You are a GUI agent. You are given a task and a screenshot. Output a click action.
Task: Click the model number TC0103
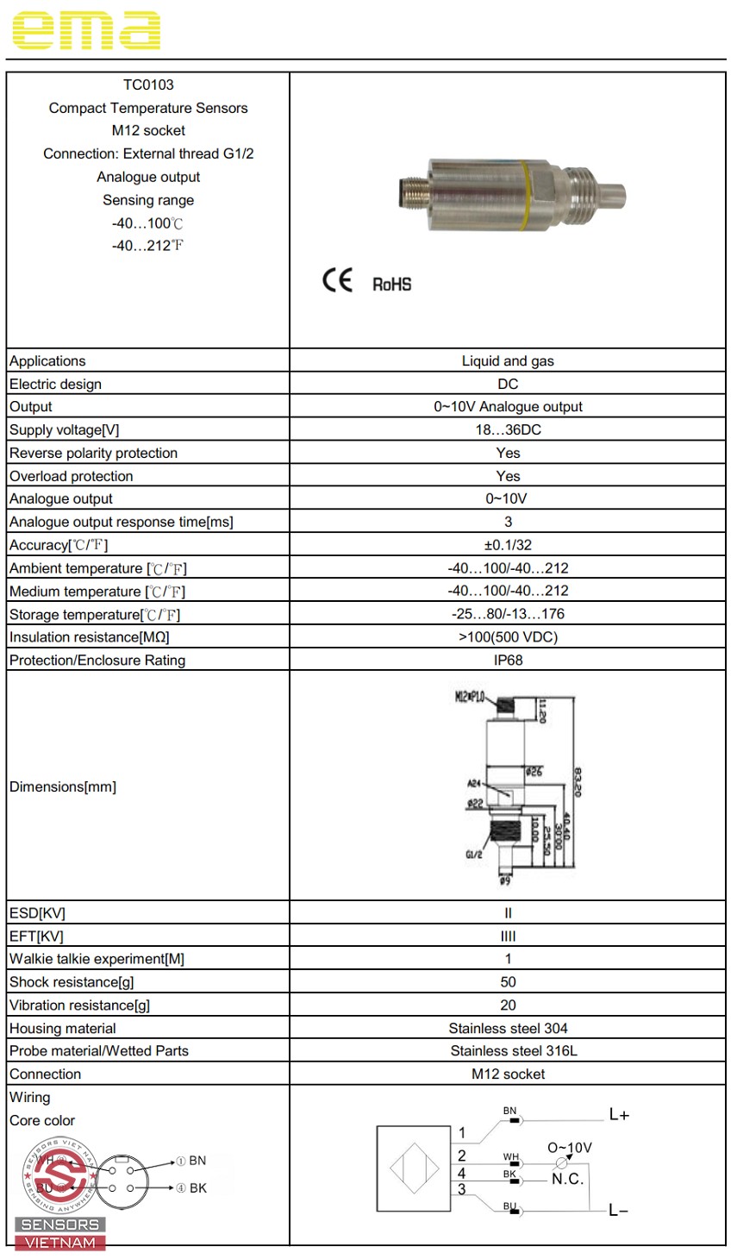[148, 85]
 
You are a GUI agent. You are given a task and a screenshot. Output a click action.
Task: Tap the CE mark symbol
[337, 280]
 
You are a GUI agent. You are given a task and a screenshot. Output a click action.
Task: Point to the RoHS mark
[391, 285]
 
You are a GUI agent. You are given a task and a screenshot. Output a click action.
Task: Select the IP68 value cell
[508, 661]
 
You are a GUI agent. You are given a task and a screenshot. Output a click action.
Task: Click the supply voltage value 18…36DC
[508, 430]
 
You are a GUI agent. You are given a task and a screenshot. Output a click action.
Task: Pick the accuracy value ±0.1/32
[508, 545]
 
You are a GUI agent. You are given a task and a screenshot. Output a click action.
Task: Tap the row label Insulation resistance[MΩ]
[90, 637]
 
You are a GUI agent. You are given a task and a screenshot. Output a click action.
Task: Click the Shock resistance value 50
[508, 982]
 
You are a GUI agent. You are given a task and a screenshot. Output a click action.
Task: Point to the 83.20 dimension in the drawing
[577, 782]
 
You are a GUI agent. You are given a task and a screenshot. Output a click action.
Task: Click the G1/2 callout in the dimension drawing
[474, 855]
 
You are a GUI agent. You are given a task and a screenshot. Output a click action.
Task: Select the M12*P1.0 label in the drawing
[471, 697]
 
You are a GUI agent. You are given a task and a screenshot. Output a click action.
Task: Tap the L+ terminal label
[619, 1115]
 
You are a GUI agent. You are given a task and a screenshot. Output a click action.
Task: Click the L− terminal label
[618, 1211]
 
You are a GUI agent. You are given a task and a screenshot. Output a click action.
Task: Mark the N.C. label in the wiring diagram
[568, 1180]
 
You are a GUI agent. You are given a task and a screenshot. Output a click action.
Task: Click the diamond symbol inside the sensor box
[415, 1168]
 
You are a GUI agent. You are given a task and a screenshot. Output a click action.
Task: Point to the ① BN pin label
[191, 1161]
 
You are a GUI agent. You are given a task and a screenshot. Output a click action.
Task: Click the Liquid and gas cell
[508, 361]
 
